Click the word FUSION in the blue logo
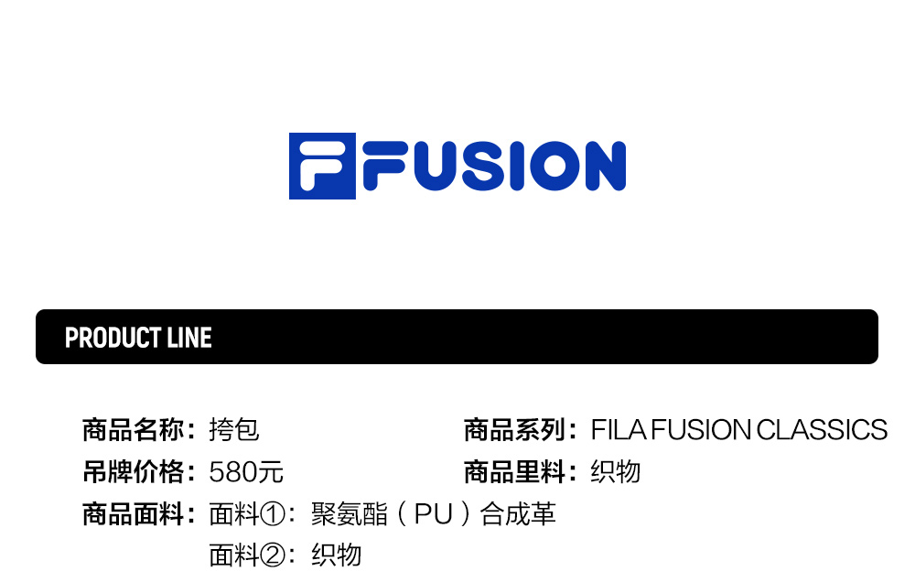pyautogui.click(x=494, y=167)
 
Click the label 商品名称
pyautogui.click(x=134, y=429)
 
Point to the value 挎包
pyautogui.click(x=234, y=429)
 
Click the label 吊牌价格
pyautogui.click(x=134, y=472)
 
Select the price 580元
pyautogui.click(x=246, y=472)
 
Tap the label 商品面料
pyautogui.click(x=134, y=514)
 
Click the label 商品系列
pyautogui.click(x=515, y=429)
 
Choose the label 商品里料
pyautogui.click(x=515, y=472)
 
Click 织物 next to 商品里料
pyautogui.click(x=616, y=472)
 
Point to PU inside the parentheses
pyautogui.click(x=434, y=514)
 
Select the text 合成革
pyautogui.click(x=518, y=514)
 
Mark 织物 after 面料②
pyautogui.click(x=337, y=555)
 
